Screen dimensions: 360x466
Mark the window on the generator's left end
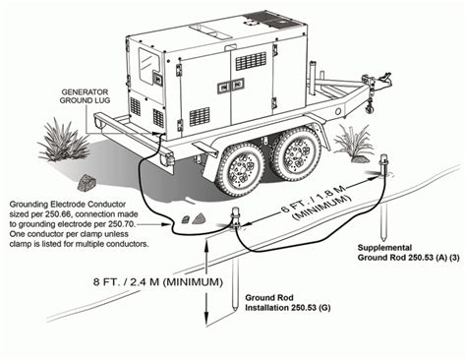click(x=151, y=70)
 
